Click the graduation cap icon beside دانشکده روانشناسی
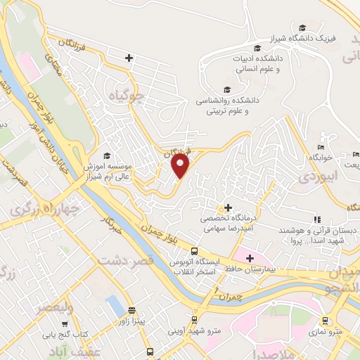[x=226, y=89]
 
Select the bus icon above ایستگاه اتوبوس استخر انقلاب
[x=194, y=251]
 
